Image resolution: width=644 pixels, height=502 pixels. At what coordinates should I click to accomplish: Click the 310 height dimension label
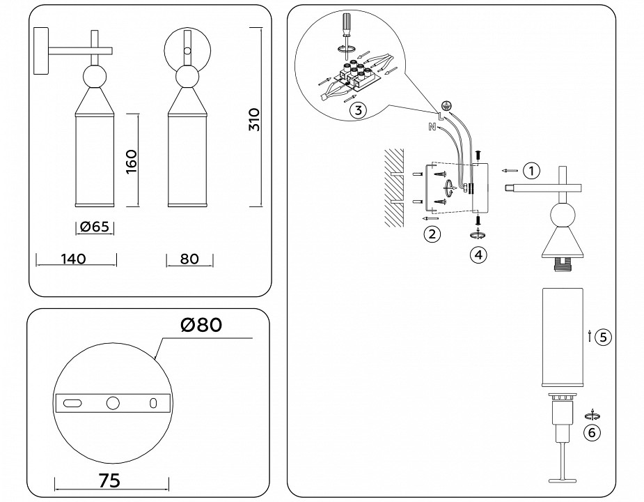(x=254, y=120)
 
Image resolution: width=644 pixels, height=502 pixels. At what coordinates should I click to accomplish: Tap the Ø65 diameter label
(x=94, y=227)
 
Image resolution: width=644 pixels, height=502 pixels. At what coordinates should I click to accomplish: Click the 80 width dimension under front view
(x=189, y=259)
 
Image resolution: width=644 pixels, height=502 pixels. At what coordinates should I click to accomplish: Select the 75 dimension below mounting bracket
(x=110, y=480)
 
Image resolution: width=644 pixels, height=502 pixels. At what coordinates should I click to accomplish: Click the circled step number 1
(x=531, y=170)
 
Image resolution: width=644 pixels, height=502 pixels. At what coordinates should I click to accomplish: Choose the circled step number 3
(x=357, y=110)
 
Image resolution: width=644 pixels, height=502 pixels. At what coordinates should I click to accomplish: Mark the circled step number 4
(x=478, y=254)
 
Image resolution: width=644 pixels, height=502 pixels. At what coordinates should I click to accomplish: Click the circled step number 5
(x=603, y=337)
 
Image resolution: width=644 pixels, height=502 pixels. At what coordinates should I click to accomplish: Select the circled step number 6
(x=592, y=432)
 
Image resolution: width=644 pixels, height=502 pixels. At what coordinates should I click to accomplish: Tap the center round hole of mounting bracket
(x=112, y=403)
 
